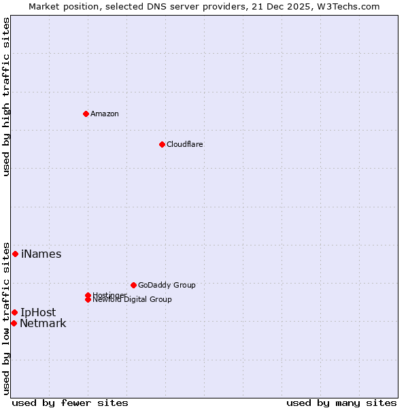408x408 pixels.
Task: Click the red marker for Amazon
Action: coord(86,114)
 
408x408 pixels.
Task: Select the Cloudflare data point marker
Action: coord(162,144)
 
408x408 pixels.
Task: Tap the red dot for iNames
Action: coord(15,254)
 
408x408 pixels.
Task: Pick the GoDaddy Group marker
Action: coord(133,285)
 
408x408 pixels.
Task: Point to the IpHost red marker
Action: coord(14,312)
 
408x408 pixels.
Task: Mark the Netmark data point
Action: coord(14,323)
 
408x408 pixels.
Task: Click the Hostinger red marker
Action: coord(88,295)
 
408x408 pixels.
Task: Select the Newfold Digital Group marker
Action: coord(88,300)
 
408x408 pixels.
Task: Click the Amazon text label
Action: coord(105,114)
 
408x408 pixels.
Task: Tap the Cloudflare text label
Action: coord(184,144)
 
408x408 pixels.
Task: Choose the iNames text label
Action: coord(41,254)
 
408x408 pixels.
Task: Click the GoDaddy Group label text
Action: coord(167,285)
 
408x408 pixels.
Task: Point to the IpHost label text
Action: coord(38,313)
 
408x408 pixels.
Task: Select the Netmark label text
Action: coord(43,324)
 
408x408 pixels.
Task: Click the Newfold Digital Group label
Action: coord(132,300)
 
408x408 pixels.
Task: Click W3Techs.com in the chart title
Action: coord(350,6)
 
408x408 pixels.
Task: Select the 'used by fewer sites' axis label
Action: coord(70,403)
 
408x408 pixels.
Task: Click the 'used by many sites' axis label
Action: coord(341,403)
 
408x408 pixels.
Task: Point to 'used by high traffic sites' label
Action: coord(6,97)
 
